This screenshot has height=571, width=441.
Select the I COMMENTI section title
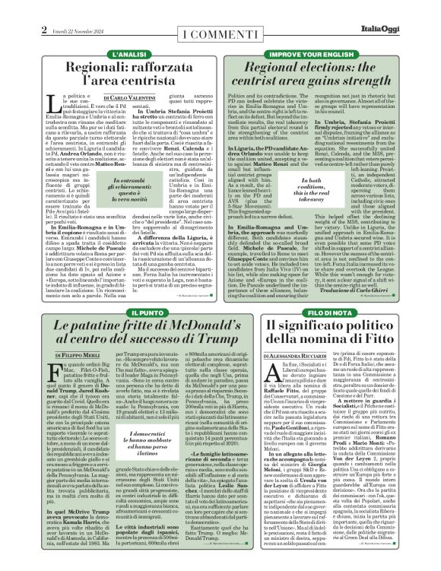219,14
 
